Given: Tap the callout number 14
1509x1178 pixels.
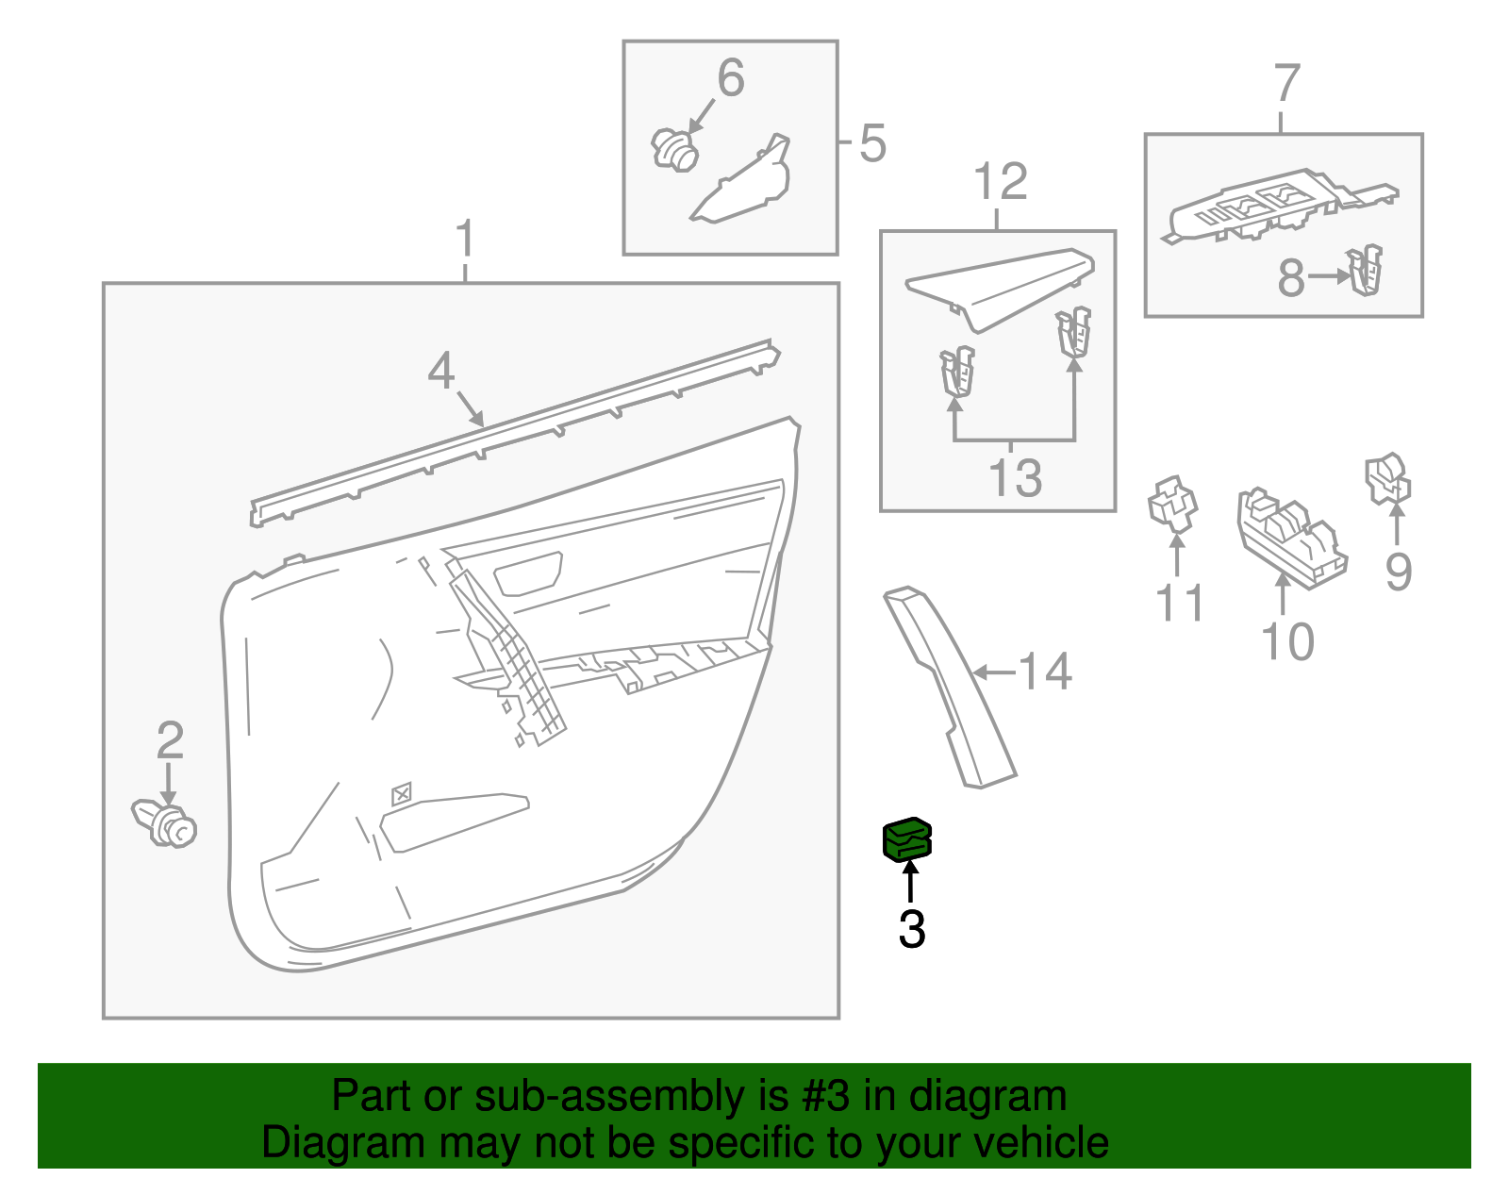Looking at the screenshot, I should [x=1045, y=672].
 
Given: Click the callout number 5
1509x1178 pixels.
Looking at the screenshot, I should [x=872, y=143].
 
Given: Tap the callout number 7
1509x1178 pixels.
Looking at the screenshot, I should [x=1287, y=84].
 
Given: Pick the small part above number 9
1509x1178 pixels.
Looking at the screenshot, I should [x=1388, y=479].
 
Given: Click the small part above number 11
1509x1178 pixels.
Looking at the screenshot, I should [x=1172, y=502].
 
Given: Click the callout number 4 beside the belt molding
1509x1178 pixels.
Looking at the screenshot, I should [x=440, y=371].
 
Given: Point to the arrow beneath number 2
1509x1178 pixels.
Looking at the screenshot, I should [x=169, y=784].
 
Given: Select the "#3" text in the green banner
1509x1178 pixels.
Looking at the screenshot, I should [x=825, y=1096].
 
